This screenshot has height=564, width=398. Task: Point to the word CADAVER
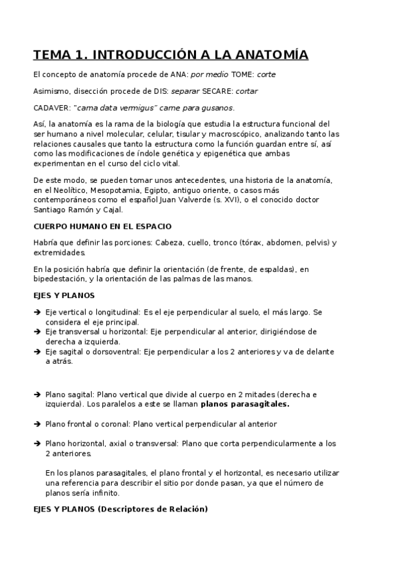[x=50, y=108]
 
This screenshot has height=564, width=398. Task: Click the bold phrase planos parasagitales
[x=245, y=404]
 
